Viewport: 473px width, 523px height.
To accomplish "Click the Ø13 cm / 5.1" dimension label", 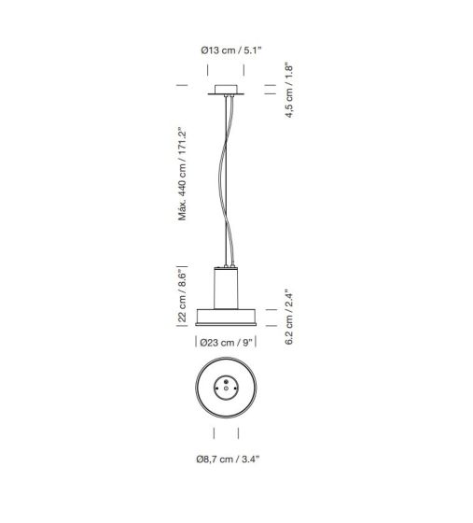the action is (x=231, y=50).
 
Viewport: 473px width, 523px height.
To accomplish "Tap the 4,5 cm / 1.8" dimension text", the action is (x=289, y=91).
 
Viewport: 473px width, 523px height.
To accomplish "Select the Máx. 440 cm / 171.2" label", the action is (x=182, y=174).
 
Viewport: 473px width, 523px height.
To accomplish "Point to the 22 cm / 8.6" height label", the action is (x=182, y=295).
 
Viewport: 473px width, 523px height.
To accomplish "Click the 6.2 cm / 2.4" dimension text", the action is (x=289, y=317).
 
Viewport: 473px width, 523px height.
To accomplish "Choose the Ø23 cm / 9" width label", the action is (x=226, y=343).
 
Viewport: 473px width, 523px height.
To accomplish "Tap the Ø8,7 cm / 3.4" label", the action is (x=228, y=459).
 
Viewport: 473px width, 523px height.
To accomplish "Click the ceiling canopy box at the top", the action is (x=226, y=90).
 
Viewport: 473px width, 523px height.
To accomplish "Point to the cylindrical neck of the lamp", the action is (x=226, y=289).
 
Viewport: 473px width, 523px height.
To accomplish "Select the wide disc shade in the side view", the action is (x=226, y=318).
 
